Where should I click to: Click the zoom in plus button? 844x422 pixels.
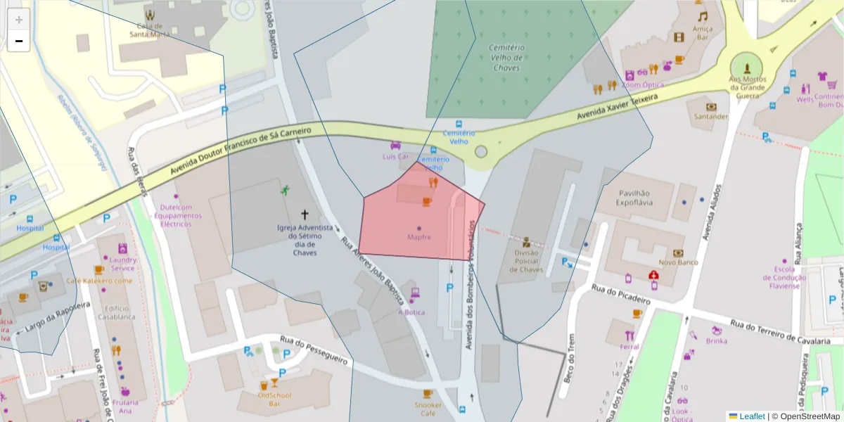click(19, 20)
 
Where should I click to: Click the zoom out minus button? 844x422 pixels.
click(19, 41)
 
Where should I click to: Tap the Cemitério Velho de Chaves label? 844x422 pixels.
click(506, 58)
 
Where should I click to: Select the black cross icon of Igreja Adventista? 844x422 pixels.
click(305, 215)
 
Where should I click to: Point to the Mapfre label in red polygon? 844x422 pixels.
click(419, 237)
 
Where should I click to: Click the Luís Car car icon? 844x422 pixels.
click(395, 146)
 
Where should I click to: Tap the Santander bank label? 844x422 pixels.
click(710, 117)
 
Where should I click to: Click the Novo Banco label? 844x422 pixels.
click(677, 262)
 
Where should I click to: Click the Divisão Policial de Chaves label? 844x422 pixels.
click(528, 261)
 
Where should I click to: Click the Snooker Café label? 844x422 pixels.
click(428, 409)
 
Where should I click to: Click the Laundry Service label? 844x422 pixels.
click(123, 264)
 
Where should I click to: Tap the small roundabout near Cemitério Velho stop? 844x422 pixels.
click(481, 152)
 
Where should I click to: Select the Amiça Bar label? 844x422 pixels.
click(702, 33)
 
